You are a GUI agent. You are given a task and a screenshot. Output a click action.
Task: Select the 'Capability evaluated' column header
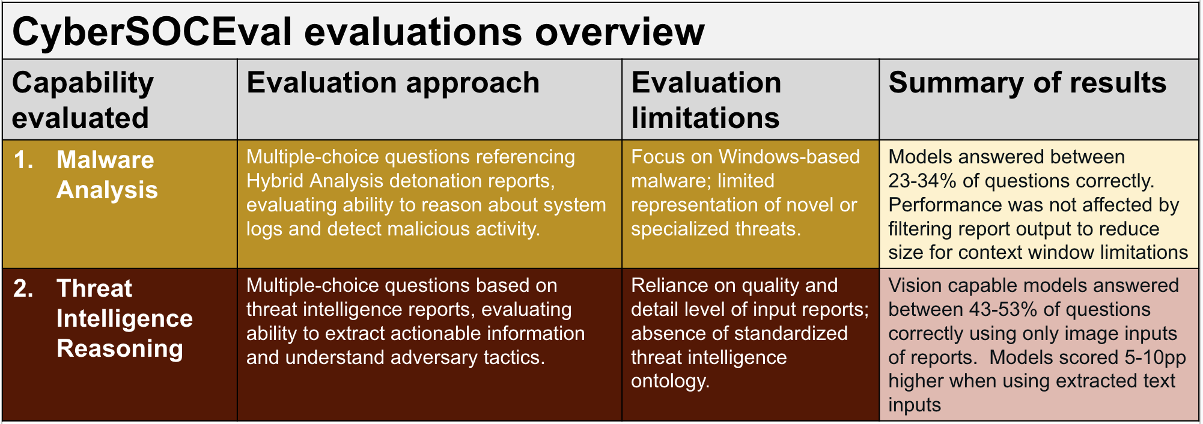pos(83,100)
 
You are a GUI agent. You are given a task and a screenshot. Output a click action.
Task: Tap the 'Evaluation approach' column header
pos(393,83)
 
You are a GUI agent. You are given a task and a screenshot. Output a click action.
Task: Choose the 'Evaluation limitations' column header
pos(706,100)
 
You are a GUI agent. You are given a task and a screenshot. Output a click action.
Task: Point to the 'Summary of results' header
pos(1028,83)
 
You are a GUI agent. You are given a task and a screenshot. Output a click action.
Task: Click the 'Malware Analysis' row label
pos(107,175)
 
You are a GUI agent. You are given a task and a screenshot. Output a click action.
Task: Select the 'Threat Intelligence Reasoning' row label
pos(124,318)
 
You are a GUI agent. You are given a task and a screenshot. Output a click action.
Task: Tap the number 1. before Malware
pos(23,160)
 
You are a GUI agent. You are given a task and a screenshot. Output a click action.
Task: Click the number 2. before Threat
pos(23,288)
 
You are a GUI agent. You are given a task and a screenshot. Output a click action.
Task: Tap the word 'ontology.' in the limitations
pos(671,381)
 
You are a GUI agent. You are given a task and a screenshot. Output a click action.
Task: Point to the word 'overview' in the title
pos(620,32)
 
